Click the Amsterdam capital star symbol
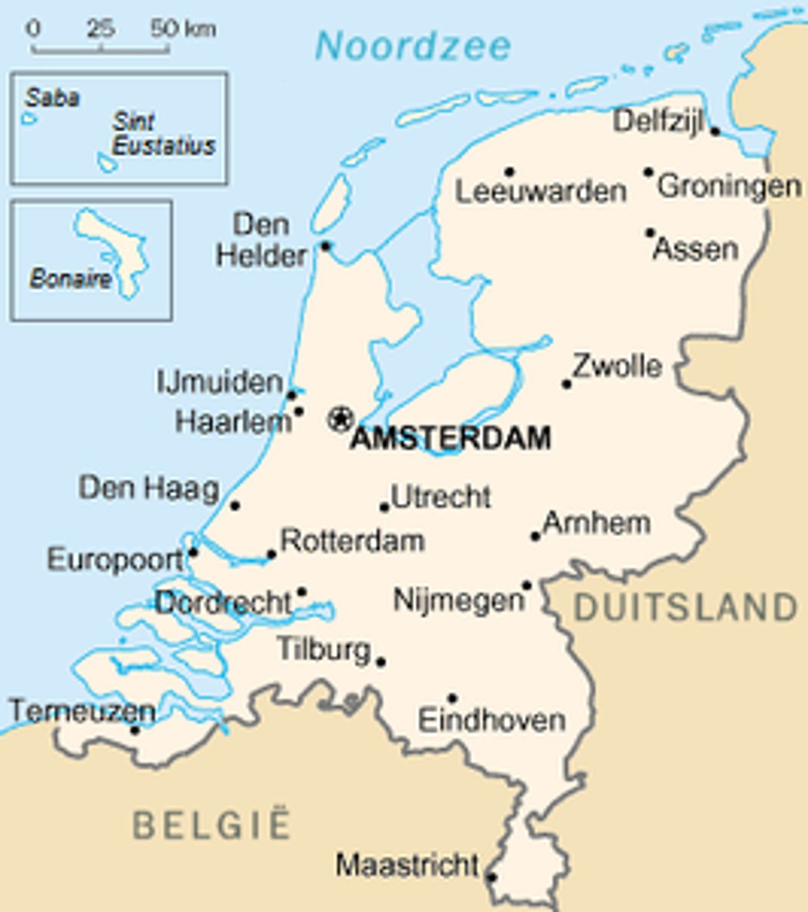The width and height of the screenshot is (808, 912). [340, 417]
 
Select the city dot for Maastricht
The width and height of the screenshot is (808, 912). [491, 877]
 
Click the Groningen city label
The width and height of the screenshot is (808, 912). [728, 186]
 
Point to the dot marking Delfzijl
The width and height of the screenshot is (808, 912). [715, 131]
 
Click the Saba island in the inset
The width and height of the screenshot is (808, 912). [29, 119]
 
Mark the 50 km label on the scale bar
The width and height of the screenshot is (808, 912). [182, 30]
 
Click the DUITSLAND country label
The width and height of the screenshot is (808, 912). [686, 608]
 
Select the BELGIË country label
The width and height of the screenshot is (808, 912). [212, 825]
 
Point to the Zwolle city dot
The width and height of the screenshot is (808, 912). [567, 384]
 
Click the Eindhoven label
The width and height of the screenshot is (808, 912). [492, 720]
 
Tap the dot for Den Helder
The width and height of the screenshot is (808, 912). [326, 245]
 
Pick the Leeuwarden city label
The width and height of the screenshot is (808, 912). [541, 191]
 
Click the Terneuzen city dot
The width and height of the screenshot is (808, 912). [135, 730]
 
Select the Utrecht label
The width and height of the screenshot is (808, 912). [441, 497]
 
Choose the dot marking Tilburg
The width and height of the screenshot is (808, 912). [380, 661]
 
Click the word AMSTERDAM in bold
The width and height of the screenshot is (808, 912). [450, 439]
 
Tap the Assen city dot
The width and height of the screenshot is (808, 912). [651, 233]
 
